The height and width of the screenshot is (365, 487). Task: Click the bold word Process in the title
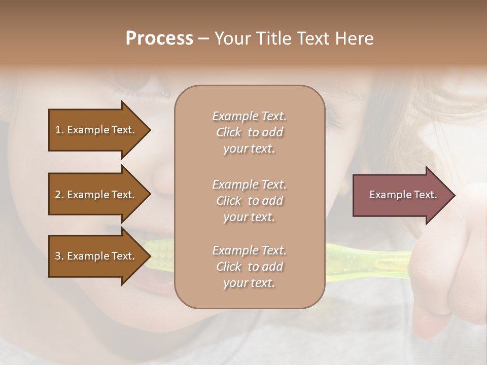[x=159, y=39]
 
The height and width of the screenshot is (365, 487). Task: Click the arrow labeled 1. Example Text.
[x=96, y=130]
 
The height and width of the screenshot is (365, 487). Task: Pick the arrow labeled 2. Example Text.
[x=96, y=195]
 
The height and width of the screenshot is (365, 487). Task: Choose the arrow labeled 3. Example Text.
[x=96, y=256]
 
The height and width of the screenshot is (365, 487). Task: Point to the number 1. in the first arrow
[x=59, y=130]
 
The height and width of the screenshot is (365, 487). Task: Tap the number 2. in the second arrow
[x=59, y=195]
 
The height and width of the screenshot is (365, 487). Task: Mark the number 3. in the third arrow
[x=59, y=256]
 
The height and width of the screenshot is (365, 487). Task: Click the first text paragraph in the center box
[x=249, y=132]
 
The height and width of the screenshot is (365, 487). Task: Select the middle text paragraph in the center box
[x=249, y=200]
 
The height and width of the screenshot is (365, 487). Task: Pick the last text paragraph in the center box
[x=249, y=266]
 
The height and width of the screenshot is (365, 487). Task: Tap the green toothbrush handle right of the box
[x=365, y=259]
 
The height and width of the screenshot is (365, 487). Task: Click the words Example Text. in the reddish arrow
[x=403, y=195]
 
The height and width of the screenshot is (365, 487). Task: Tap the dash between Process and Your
[x=203, y=39]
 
